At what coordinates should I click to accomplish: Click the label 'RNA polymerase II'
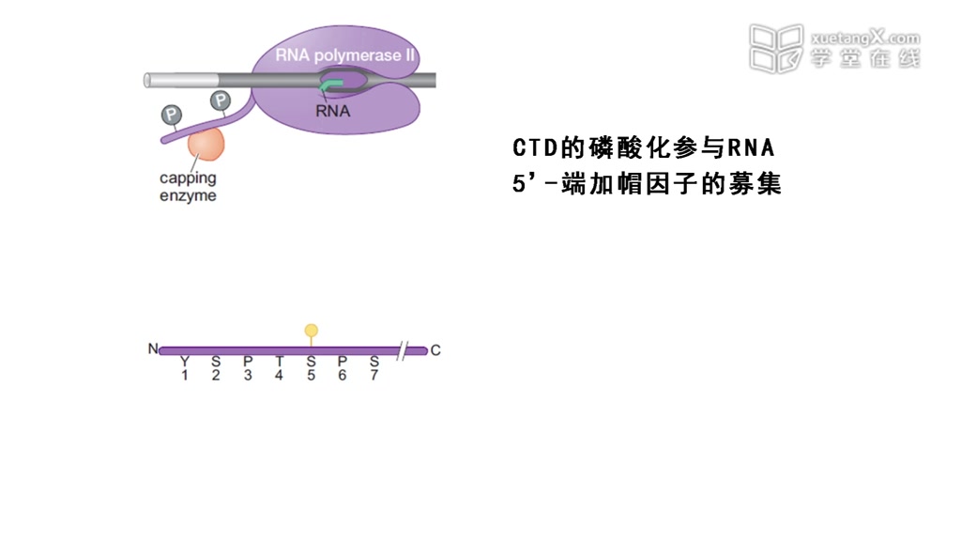(x=344, y=55)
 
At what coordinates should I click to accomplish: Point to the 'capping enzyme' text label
(x=188, y=186)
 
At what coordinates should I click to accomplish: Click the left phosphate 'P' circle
(x=171, y=115)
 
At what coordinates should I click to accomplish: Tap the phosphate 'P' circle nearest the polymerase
(x=221, y=100)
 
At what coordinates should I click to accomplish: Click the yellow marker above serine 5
(x=312, y=331)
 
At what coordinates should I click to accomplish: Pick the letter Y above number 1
(x=185, y=361)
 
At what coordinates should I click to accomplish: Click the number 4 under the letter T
(x=279, y=376)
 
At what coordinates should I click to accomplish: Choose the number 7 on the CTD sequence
(x=374, y=376)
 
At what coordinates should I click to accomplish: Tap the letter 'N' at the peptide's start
(x=152, y=350)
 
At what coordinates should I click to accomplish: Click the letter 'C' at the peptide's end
(x=435, y=351)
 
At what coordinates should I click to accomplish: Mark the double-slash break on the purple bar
(x=402, y=351)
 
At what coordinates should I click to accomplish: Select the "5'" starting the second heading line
(x=522, y=184)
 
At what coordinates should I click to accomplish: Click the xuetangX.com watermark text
(x=864, y=39)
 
